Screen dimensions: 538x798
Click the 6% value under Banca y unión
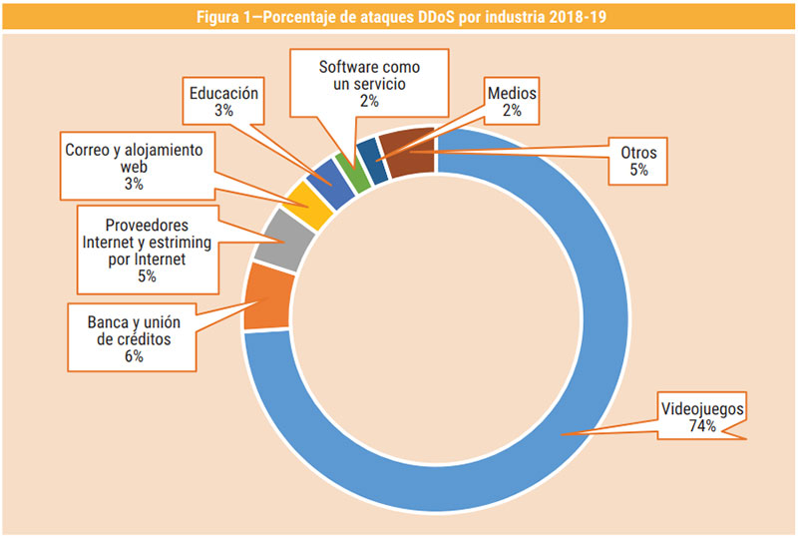tap(134, 356)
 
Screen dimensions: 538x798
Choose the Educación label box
tap(223, 102)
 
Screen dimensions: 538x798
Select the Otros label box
tap(638, 162)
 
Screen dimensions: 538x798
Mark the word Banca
tap(97, 320)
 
